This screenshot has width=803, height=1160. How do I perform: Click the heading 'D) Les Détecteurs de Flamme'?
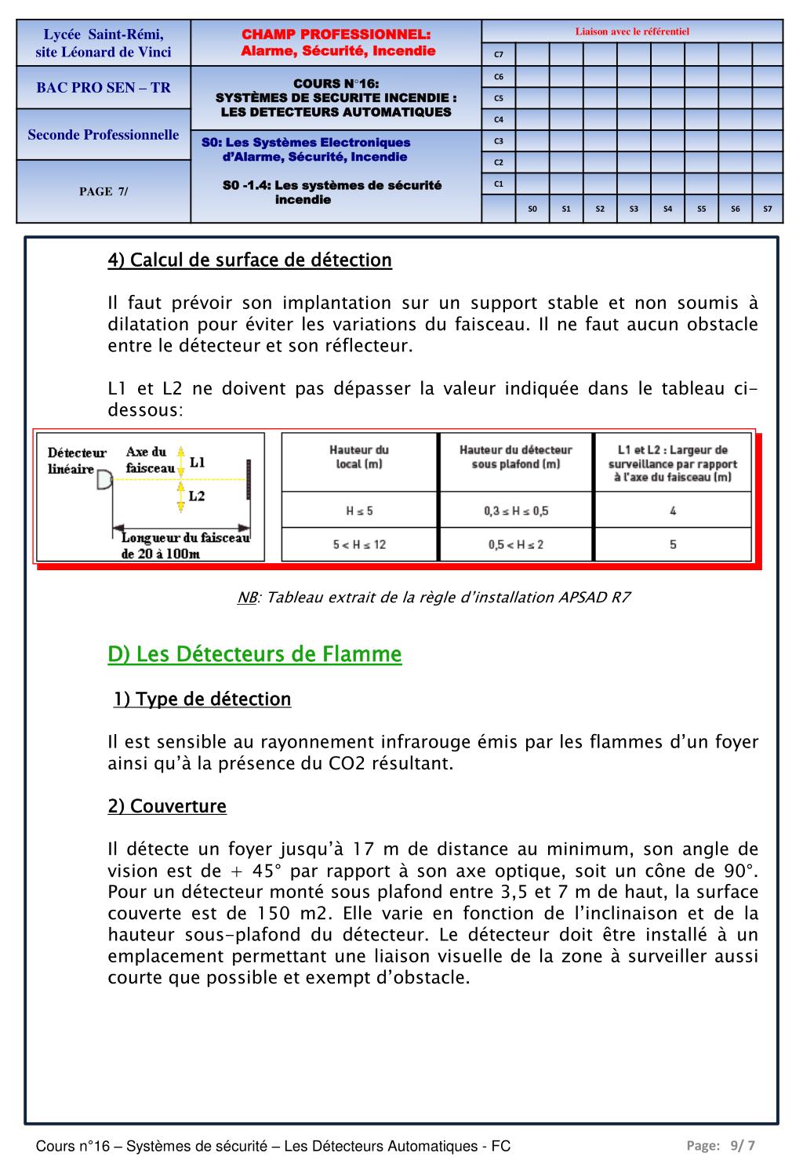pos(255,654)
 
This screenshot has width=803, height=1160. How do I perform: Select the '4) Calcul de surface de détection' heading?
pos(249,260)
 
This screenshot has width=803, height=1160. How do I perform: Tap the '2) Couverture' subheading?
pos(167,806)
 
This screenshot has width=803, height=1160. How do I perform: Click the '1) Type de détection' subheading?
pos(202,699)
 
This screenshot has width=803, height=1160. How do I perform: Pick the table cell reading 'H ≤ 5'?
pos(359,511)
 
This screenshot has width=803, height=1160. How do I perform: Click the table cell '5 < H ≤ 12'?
pos(359,544)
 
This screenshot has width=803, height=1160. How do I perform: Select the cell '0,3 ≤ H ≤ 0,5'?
pos(515,511)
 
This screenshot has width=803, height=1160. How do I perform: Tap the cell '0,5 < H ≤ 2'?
pos(515,544)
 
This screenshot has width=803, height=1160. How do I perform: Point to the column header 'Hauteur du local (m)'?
pos(359,456)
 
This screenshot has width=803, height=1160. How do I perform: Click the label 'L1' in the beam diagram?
pos(197,462)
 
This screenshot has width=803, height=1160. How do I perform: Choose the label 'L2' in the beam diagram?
pos(197,496)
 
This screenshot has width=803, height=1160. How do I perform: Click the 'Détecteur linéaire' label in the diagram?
pos(76,461)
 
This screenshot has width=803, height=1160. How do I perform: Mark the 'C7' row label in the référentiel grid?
pos(499,55)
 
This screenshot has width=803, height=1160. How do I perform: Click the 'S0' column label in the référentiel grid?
pos(532,209)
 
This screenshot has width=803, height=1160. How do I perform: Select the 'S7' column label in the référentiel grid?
pos(767,209)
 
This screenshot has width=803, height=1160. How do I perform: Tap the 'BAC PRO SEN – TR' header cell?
pos(104,88)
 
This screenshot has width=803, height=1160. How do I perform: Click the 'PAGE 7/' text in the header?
pos(104,191)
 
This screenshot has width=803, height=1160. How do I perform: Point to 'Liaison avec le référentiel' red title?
pos(632,32)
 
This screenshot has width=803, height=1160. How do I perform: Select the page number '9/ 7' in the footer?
pos(742,1145)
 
